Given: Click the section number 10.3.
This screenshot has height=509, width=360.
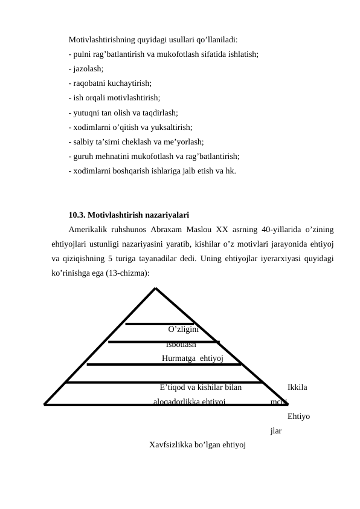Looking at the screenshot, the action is [x=77, y=214].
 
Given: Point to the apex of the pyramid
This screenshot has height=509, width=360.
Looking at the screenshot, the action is [x=155, y=287].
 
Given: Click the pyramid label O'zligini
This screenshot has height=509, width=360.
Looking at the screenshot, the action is [x=184, y=329].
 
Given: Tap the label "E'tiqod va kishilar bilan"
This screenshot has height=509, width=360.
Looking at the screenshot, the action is [x=201, y=387].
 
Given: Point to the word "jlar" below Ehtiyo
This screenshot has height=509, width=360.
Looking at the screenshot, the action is [x=276, y=431].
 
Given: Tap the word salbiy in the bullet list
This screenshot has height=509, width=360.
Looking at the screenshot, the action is [x=81, y=141].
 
